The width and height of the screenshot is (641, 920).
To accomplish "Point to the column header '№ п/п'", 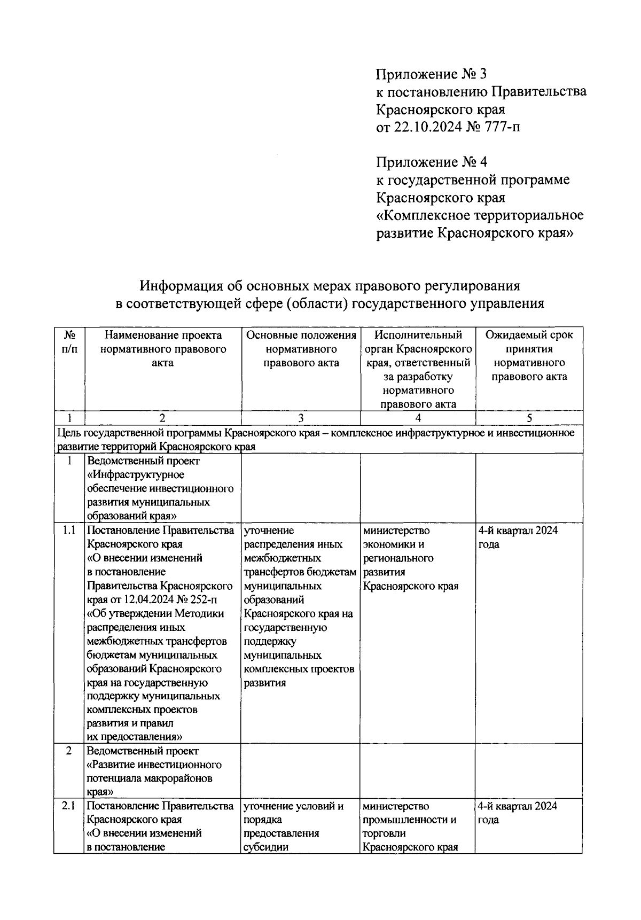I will tap(69, 342).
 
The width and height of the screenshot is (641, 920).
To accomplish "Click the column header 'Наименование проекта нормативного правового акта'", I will tap(163, 349).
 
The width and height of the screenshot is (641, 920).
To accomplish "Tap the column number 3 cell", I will tap(301, 418).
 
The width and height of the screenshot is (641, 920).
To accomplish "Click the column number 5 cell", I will tap(529, 418).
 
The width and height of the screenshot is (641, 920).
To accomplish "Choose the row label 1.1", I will tap(69, 531).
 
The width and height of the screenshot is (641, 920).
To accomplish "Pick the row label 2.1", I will tap(68, 806).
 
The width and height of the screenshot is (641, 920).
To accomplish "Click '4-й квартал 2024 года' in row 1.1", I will tap(518, 537).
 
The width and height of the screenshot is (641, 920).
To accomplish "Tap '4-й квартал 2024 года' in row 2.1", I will tap(517, 813).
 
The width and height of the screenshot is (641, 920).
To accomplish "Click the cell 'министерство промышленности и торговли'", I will tap(410, 827).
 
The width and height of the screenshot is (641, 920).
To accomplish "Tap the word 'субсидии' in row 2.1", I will tap(265, 847).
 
